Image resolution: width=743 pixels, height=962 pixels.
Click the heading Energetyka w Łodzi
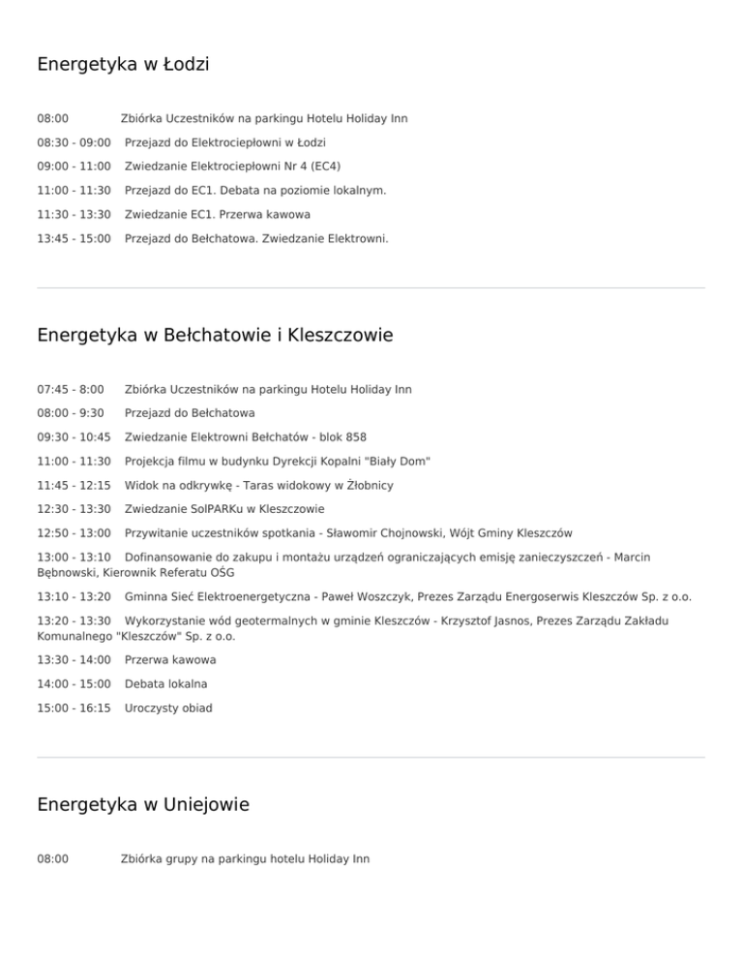(123, 65)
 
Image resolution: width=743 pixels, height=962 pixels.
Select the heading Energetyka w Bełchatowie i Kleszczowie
(215, 336)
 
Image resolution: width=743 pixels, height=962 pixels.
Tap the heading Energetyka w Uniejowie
(142, 804)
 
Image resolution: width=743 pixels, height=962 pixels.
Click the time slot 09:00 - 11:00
(74, 166)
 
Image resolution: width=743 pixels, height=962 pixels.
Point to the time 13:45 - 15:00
(74, 238)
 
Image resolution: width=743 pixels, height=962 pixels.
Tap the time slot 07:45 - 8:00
(71, 389)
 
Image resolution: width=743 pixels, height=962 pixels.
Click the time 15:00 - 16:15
(74, 707)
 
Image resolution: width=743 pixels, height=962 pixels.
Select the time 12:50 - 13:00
(74, 532)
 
